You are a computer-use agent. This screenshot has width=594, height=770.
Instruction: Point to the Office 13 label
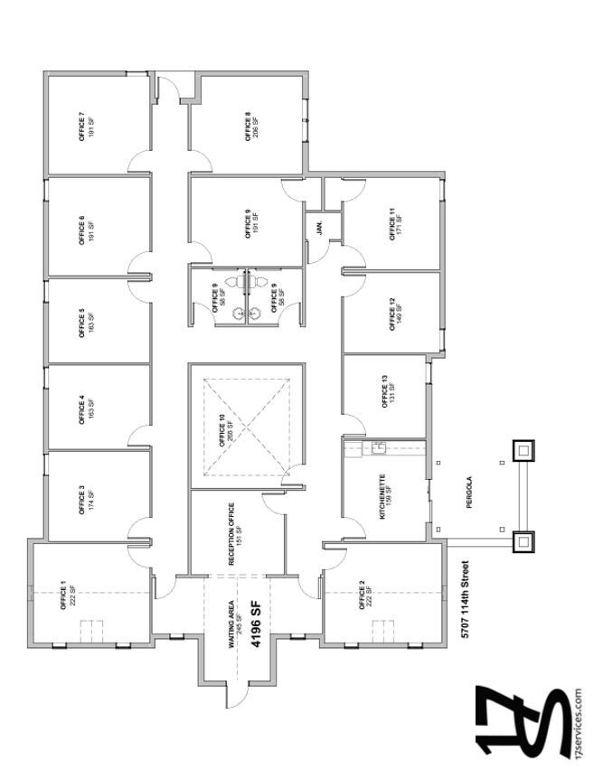(388, 395)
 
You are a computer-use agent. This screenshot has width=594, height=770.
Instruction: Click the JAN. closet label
(319, 227)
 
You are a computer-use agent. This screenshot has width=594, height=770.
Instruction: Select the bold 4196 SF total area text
(256, 629)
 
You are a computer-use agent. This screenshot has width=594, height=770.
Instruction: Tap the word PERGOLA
(470, 501)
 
